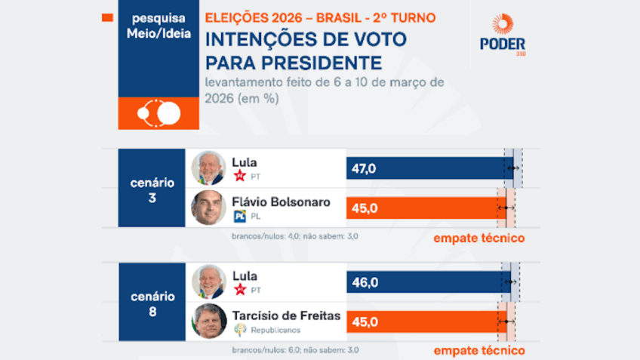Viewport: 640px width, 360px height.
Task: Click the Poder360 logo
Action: (503, 35)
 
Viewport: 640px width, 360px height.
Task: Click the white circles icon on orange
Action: (158, 113)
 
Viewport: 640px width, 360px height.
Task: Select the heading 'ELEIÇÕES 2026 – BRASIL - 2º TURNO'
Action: (320, 17)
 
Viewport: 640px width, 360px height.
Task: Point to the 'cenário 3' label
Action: (152, 189)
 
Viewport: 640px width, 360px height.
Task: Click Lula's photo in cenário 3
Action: (208, 168)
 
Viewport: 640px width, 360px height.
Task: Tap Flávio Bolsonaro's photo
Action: (208, 208)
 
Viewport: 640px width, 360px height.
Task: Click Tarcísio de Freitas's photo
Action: (208, 322)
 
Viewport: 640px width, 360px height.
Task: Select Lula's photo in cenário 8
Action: (208, 282)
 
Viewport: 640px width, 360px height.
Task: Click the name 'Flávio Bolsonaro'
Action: (282, 202)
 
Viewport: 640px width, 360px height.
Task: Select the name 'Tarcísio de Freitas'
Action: (287, 315)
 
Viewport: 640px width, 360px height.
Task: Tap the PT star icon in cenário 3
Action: (240, 177)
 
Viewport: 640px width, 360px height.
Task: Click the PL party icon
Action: (240, 217)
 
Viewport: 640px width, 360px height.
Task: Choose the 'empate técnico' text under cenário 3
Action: (478, 238)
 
